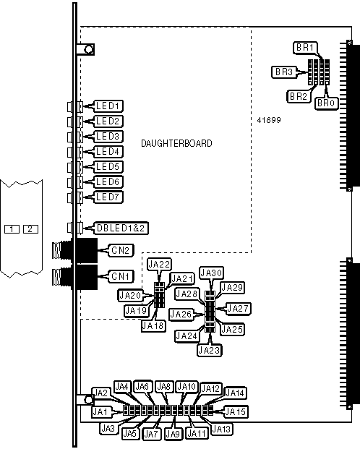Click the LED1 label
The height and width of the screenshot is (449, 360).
pyautogui.click(x=108, y=106)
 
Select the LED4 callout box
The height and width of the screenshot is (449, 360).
pyautogui.click(x=108, y=152)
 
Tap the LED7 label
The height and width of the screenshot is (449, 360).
pyautogui.click(x=108, y=197)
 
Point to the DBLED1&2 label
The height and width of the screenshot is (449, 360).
pyautogui.click(x=121, y=228)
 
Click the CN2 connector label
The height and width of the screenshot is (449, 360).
pyautogui.click(x=120, y=250)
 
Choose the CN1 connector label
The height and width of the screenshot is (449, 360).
pyautogui.click(x=120, y=276)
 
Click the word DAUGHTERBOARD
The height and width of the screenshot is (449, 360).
pyautogui.click(x=176, y=143)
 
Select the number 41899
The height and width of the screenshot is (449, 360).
pyautogui.click(x=269, y=120)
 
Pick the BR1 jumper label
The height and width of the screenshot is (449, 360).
pyautogui.click(x=305, y=48)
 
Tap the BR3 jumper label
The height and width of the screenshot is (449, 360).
pyautogui.click(x=284, y=72)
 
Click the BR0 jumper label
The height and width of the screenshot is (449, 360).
pyautogui.click(x=326, y=103)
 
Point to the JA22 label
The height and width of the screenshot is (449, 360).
pyautogui.click(x=159, y=264)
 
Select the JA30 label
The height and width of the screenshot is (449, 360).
pyautogui.click(x=212, y=273)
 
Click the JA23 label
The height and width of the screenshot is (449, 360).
pyautogui.click(x=210, y=350)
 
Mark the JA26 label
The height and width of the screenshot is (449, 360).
pyautogui.click(x=181, y=314)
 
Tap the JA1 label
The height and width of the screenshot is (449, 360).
pyautogui.click(x=100, y=412)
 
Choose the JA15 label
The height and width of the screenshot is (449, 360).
pyautogui.click(x=236, y=412)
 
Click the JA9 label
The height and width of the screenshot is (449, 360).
pyautogui.click(x=173, y=434)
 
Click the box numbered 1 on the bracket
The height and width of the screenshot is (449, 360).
pyautogui.click(x=12, y=229)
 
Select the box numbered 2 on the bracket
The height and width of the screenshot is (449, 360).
pyautogui.click(x=30, y=229)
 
